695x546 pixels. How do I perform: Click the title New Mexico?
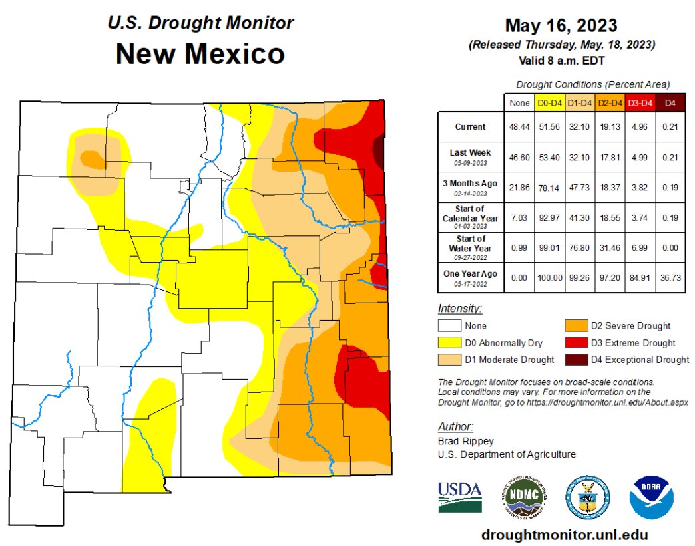pos(200,53)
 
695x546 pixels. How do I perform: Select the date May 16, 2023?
pos(561,26)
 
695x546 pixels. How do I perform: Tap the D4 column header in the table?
pos(670,103)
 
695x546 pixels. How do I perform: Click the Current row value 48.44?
pos(519,127)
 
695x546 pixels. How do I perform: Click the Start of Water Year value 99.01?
pos(550,247)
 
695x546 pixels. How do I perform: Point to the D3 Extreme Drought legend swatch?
pos(577,343)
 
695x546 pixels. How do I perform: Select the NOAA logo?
pos(652,497)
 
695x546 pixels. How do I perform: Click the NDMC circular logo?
pos(523,497)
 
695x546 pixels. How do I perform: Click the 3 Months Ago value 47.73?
pos(580,187)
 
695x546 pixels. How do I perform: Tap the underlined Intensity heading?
pos(459,309)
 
